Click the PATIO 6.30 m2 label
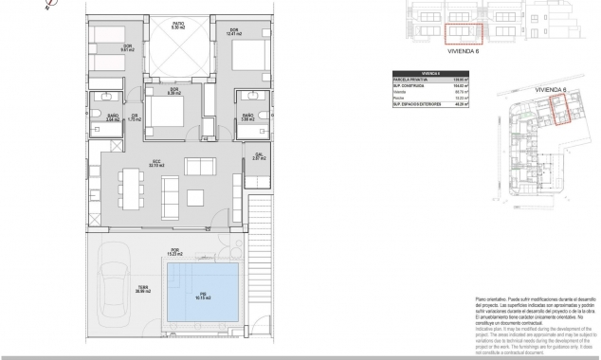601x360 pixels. pyautogui.click(x=177, y=25)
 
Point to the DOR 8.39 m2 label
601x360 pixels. pyautogui.click(x=173, y=92)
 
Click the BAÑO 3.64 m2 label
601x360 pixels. pyautogui.click(x=113, y=119)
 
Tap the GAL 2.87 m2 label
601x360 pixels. pyautogui.click(x=259, y=158)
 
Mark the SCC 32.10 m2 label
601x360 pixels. pyautogui.click(x=156, y=163)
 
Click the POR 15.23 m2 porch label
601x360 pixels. pyautogui.click(x=174, y=253)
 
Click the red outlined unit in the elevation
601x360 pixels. pyautogui.click(x=464, y=34)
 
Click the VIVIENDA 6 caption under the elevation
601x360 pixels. pyautogui.click(x=463, y=54)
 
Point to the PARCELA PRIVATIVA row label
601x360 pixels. pyautogui.click(x=411, y=79)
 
